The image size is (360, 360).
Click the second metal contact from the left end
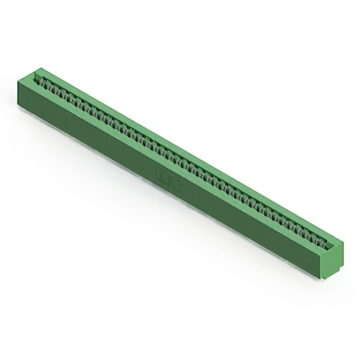click(48, 85)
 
